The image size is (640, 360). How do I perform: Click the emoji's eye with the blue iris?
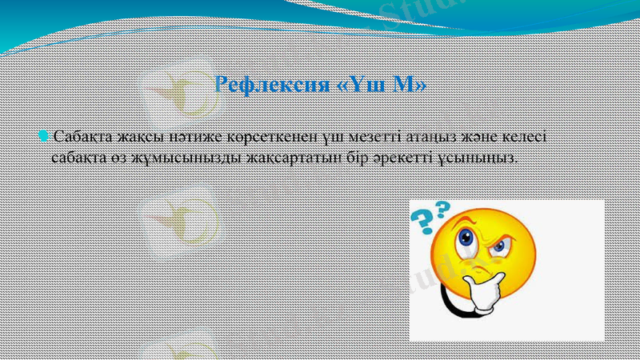coord(499,244)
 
